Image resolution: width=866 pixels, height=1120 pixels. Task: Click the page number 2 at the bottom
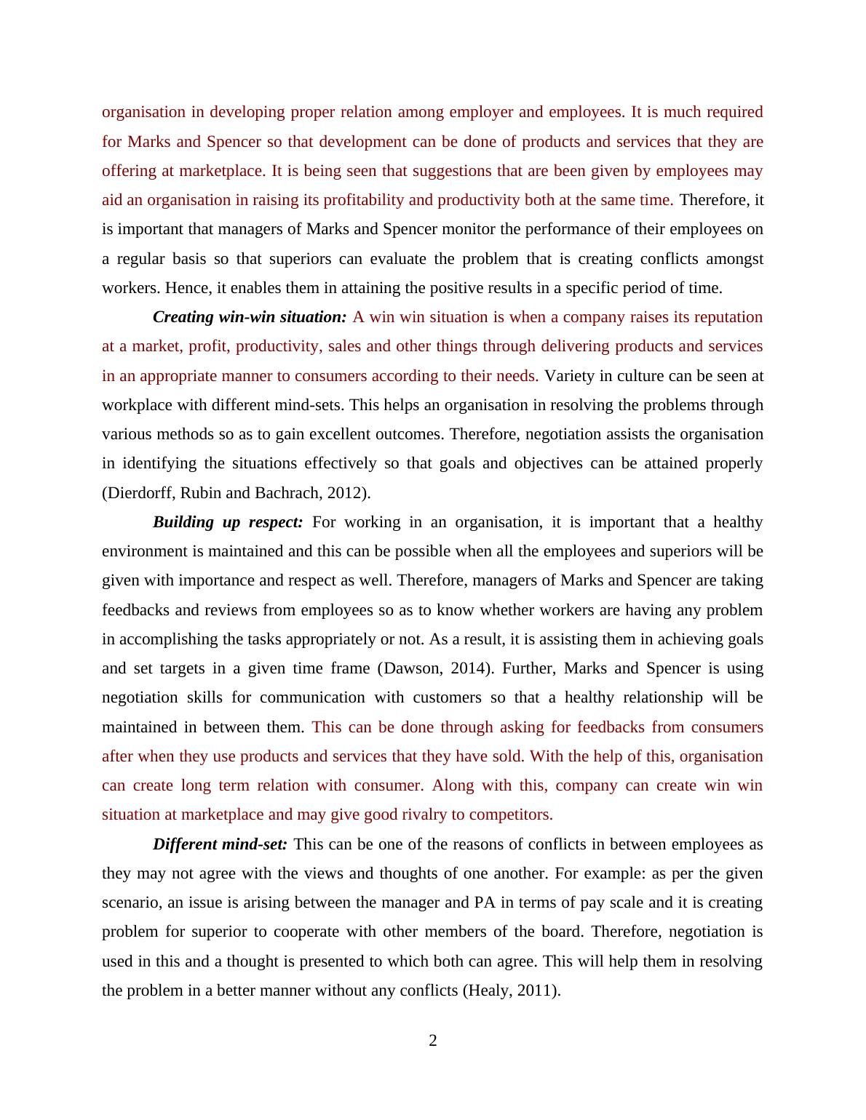click(433, 1041)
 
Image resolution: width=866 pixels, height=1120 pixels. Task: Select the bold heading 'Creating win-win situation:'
click(250, 317)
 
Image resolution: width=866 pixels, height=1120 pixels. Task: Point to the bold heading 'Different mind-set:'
click(220, 844)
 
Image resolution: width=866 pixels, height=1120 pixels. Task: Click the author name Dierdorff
click(139, 493)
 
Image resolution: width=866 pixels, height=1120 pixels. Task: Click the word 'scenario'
click(132, 903)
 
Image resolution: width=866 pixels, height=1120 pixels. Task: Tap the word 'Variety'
click(569, 376)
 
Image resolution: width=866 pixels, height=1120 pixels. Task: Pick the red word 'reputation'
click(728, 317)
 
